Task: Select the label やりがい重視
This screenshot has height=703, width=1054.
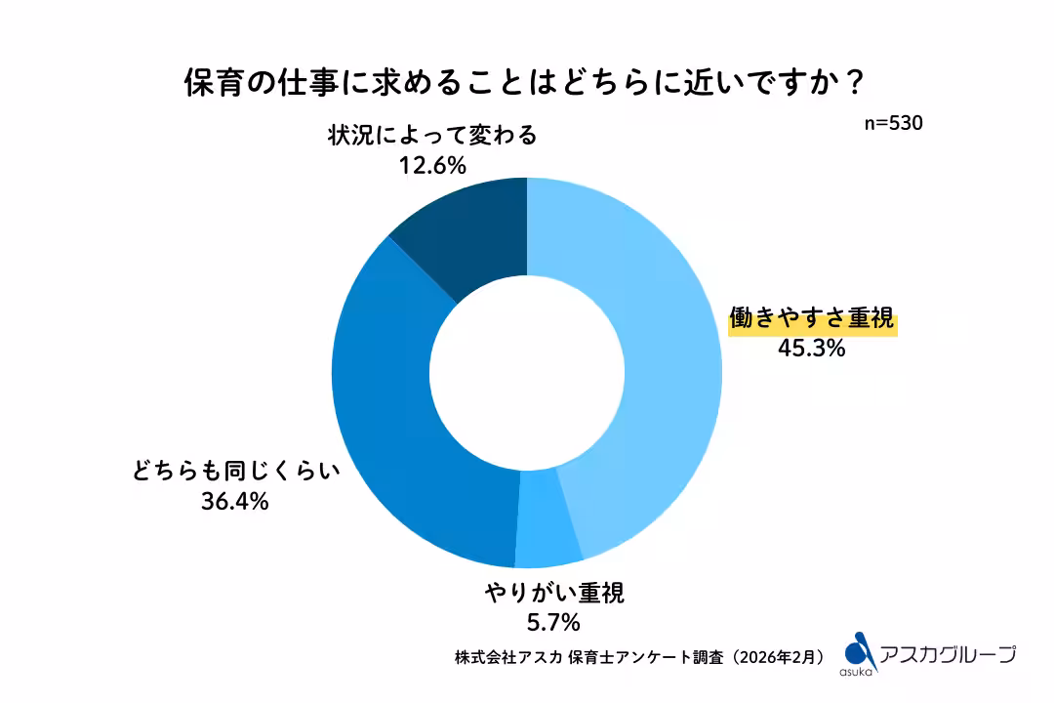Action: point(553,593)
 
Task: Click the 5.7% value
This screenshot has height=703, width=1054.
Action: point(552,621)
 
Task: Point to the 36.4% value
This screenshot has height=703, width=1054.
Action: point(236,502)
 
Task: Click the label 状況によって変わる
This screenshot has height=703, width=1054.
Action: point(432,136)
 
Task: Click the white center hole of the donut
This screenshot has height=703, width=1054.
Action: point(527,371)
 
